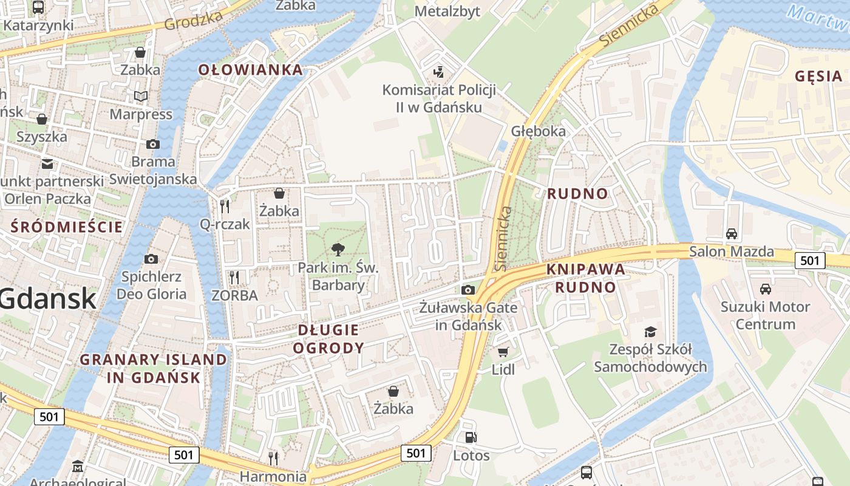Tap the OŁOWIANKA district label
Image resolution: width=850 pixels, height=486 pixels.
[250, 70]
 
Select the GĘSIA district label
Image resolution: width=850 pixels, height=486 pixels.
[818, 76]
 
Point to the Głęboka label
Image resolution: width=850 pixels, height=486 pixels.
[538, 131]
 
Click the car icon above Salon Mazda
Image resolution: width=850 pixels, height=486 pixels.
[732, 234]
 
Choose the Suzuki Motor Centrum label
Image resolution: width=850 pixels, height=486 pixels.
[765, 315]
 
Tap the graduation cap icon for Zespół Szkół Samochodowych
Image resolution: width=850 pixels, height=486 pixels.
[650, 332]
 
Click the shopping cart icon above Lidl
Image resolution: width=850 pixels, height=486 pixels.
[503, 352]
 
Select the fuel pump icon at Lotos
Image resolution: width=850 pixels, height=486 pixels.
[471, 437]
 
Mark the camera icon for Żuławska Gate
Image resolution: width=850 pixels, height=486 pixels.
[467, 290]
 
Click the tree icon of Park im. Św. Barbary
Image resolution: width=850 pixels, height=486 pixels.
[338, 249]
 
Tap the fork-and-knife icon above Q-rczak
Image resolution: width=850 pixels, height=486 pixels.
[225, 206]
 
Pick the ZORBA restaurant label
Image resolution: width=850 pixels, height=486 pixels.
[234, 295]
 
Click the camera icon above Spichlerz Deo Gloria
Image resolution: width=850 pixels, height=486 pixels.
[151, 259]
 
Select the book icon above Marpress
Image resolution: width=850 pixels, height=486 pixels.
[141, 97]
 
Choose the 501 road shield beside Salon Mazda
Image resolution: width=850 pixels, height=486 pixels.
[810, 261]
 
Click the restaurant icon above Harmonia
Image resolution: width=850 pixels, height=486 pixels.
[273, 457]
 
